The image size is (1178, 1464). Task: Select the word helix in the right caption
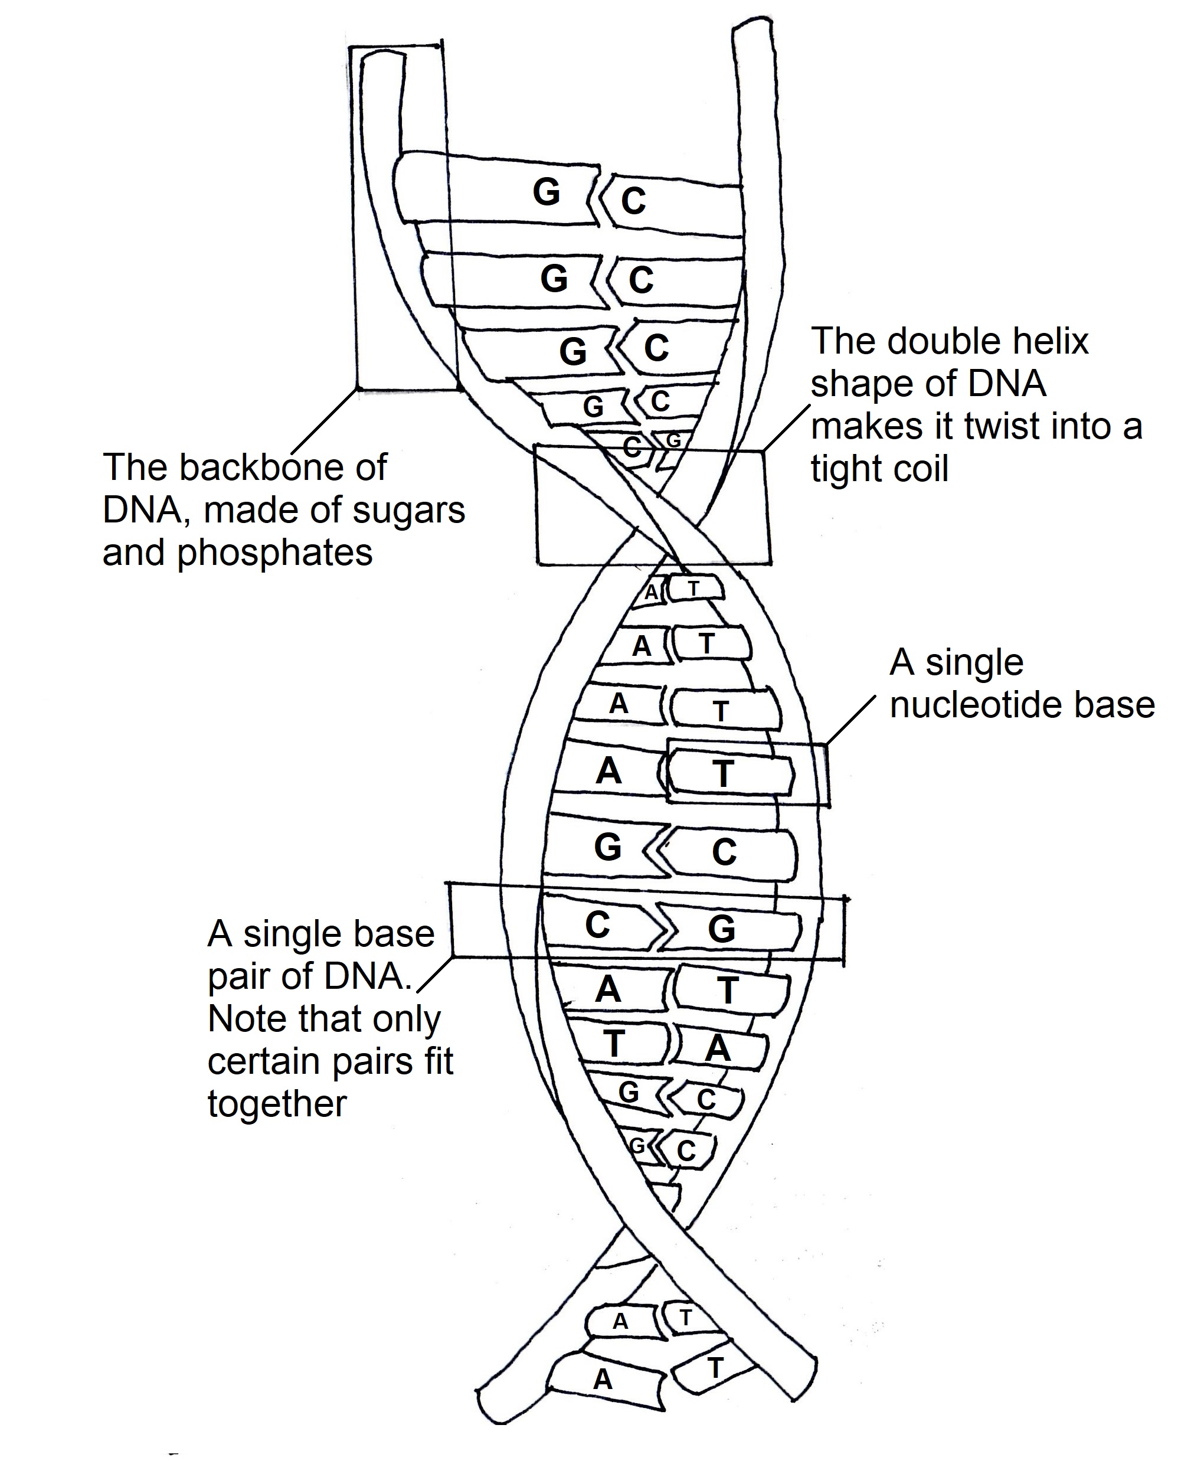coord(1046,342)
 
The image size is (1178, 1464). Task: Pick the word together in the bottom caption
coord(277,1103)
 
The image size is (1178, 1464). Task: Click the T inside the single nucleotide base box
coord(724,774)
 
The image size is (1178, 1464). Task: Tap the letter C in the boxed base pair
coord(597,925)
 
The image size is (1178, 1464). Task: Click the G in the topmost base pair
coord(547,192)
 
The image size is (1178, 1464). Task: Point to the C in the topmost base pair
coord(633,201)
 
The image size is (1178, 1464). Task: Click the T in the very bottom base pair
coord(715,1368)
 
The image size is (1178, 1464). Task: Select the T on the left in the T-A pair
coord(614,1044)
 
